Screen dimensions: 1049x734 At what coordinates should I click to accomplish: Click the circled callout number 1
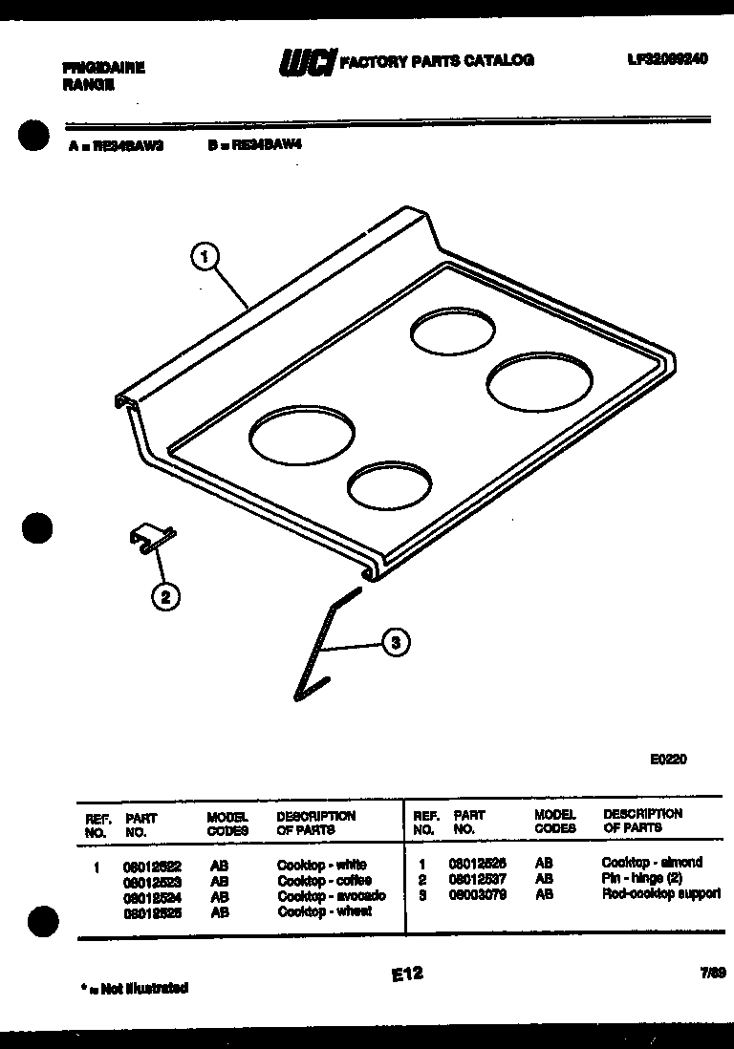205,256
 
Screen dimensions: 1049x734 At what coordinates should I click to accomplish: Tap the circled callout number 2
165,597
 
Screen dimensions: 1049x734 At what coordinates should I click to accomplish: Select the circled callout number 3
396,643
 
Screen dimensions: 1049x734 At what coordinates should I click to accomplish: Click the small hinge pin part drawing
151,540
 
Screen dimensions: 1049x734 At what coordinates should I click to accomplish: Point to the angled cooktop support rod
318,650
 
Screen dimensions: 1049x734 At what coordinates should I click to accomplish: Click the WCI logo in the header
306,62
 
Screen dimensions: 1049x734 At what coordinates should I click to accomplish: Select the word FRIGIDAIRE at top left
103,69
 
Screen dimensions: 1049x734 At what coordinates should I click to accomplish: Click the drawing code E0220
668,760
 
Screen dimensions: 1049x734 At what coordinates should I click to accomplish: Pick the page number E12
407,974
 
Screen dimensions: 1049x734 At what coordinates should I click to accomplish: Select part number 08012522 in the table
152,866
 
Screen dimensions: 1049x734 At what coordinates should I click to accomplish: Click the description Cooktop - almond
652,863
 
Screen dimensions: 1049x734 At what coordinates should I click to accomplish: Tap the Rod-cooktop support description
661,895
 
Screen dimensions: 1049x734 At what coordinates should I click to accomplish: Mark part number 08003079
477,895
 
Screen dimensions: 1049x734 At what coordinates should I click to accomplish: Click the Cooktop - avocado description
332,896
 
